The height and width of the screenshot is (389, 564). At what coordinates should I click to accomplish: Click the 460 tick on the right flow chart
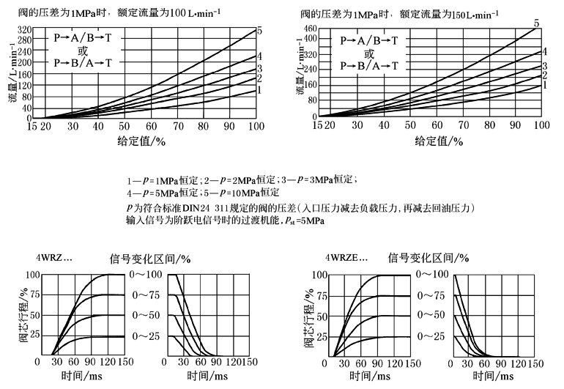pos(308,29)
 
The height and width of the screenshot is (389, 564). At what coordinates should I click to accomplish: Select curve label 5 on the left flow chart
pos(259,30)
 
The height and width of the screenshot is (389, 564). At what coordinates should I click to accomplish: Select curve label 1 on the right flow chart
pos(544,86)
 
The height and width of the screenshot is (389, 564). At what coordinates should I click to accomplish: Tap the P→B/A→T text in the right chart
pos(370,66)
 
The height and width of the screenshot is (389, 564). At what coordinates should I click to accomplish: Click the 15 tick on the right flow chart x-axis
pos(316,126)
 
